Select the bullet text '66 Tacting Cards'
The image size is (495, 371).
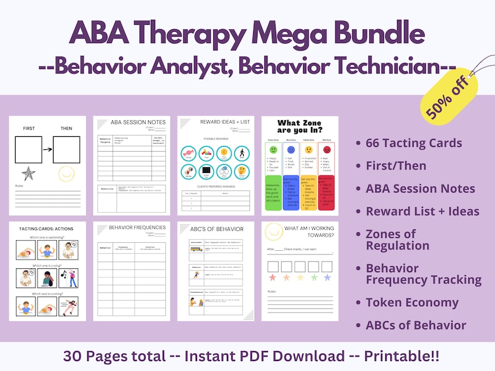tap(413, 143)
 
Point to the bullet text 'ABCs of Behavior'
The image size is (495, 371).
tap(415, 325)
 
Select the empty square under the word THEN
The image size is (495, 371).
tap(65, 150)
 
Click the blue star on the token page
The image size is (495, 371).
tap(327, 278)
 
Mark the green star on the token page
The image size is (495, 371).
tap(314, 278)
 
